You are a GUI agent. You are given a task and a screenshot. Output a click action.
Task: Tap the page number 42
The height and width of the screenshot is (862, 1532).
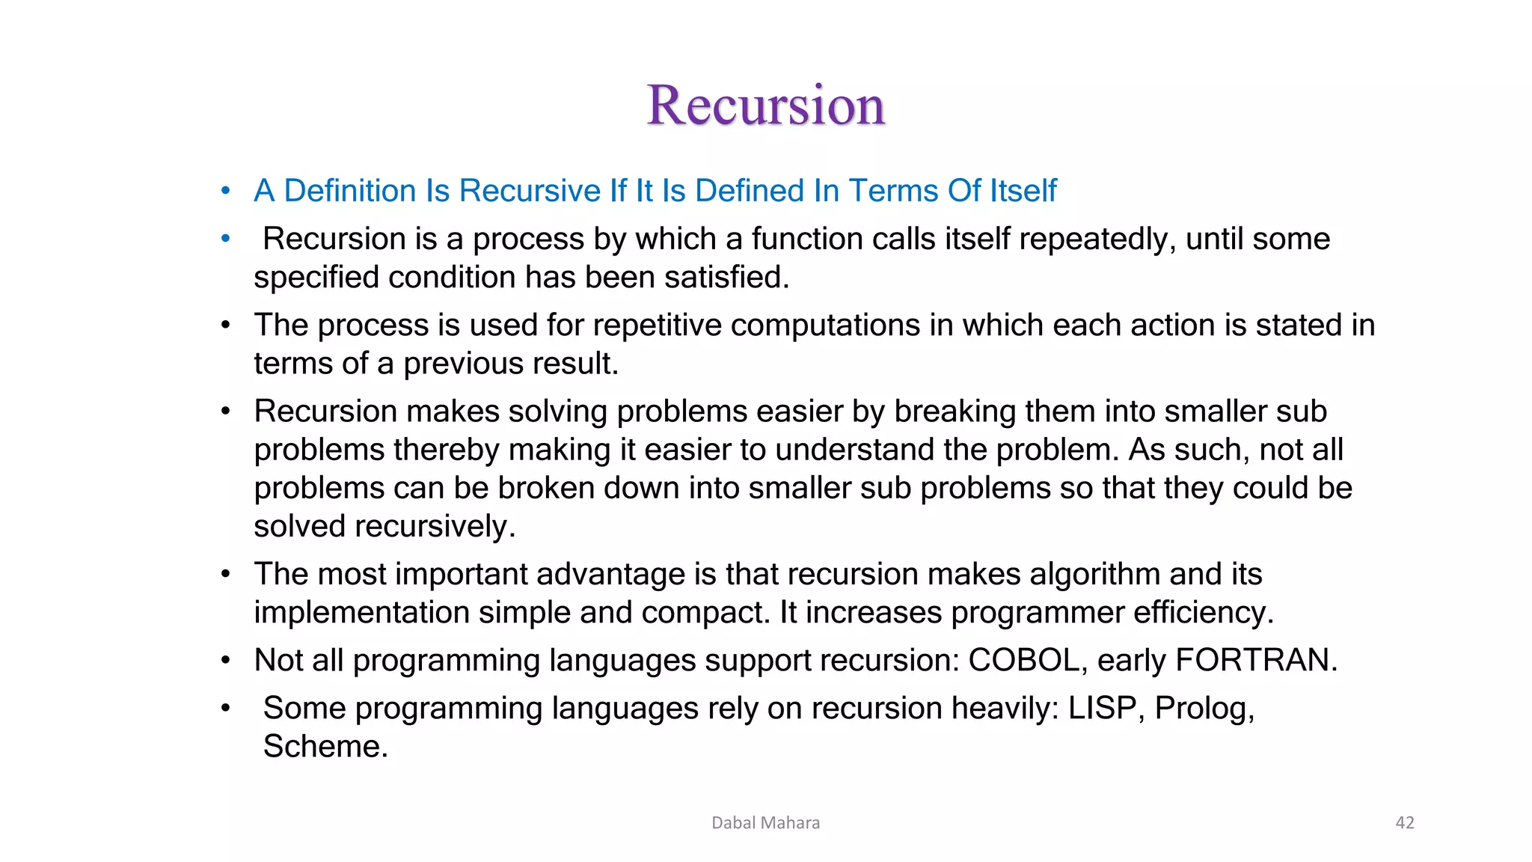tap(1405, 822)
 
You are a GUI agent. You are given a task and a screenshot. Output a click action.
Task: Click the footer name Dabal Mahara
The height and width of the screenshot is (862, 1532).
tap(765, 822)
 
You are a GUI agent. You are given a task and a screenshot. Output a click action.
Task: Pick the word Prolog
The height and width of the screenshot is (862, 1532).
tap(1203, 708)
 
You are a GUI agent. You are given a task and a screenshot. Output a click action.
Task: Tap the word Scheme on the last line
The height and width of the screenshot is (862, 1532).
tap(324, 746)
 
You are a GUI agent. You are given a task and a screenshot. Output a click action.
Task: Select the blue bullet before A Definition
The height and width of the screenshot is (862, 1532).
tap(225, 191)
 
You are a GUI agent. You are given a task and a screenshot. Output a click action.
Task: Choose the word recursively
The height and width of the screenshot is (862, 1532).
tap(434, 526)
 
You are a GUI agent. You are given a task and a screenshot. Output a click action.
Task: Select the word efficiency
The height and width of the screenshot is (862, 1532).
tap(1202, 613)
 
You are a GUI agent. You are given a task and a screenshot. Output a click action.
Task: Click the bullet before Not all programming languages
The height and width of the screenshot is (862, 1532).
tap(225, 661)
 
